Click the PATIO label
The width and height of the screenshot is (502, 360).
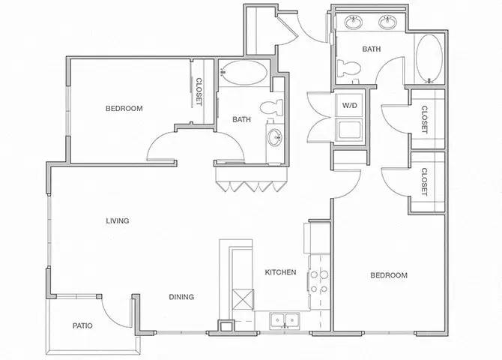coord(82,326)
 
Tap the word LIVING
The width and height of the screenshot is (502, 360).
coord(117,220)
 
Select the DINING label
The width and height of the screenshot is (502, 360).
coord(181,297)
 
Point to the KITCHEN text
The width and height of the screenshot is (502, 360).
coord(279,272)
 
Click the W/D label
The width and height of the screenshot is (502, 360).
coord(349,106)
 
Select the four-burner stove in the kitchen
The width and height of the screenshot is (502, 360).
coord(318,280)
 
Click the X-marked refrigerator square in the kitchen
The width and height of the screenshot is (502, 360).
coord(244,301)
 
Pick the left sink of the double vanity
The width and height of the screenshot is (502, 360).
coord(352,23)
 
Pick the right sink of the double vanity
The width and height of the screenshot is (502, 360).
coord(389,23)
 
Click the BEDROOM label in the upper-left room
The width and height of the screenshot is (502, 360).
coord(124,109)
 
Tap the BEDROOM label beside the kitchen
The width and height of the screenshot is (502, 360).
coord(389,275)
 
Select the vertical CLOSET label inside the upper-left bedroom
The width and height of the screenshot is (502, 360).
coord(199,93)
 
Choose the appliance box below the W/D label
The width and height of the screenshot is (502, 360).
coord(349,130)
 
